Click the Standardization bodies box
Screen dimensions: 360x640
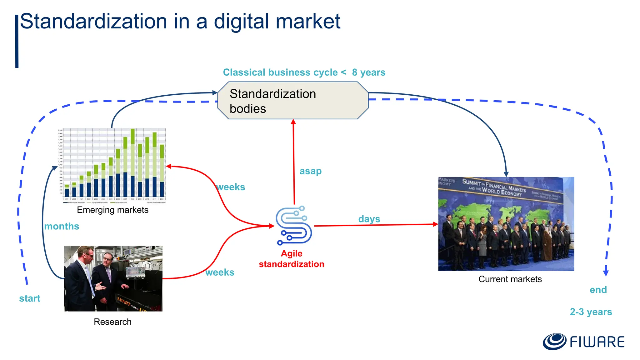coord(293,101)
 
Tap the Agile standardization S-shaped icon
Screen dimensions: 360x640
coord(293,225)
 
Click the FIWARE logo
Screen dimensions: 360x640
coord(583,342)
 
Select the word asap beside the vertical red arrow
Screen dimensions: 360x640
coord(310,171)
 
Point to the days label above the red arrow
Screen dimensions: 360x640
coord(369,219)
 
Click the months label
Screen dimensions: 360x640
coord(62,226)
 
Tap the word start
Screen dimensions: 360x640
coord(30,298)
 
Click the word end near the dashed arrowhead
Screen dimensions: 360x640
coord(598,290)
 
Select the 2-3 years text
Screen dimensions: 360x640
coord(591,312)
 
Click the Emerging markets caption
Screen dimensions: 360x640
coord(112,210)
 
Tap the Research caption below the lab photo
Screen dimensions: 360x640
coord(112,322)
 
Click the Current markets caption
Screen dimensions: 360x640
coord(510,279)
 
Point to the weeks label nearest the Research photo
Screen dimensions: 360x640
coord(220,272)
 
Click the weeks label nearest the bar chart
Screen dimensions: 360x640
coord(231,187)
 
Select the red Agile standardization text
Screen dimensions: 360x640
coord(291,259)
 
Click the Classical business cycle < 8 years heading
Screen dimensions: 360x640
coord(304,72)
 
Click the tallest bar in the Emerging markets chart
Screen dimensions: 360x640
coord(132,162)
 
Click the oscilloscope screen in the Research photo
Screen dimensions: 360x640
coord(134,272)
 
